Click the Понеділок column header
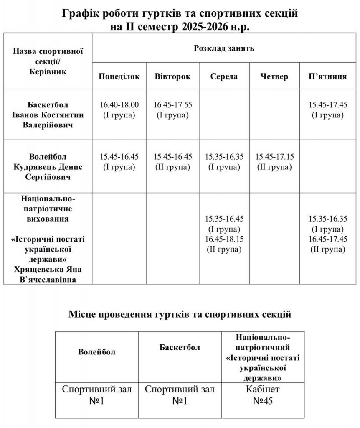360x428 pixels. point(119,76)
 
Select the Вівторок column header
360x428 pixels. point(172,76)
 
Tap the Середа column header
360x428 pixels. point(224,76)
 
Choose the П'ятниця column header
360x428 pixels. point(327,76)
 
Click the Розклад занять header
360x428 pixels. point(224,48)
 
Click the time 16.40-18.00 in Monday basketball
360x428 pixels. point(119,104)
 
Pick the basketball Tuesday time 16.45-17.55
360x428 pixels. point(173,104)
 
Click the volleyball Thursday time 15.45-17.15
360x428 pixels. point(274,157)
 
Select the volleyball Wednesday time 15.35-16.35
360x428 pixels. point(224,157)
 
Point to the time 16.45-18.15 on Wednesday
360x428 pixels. point(224,239)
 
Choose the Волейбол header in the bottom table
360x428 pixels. point(96,352)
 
